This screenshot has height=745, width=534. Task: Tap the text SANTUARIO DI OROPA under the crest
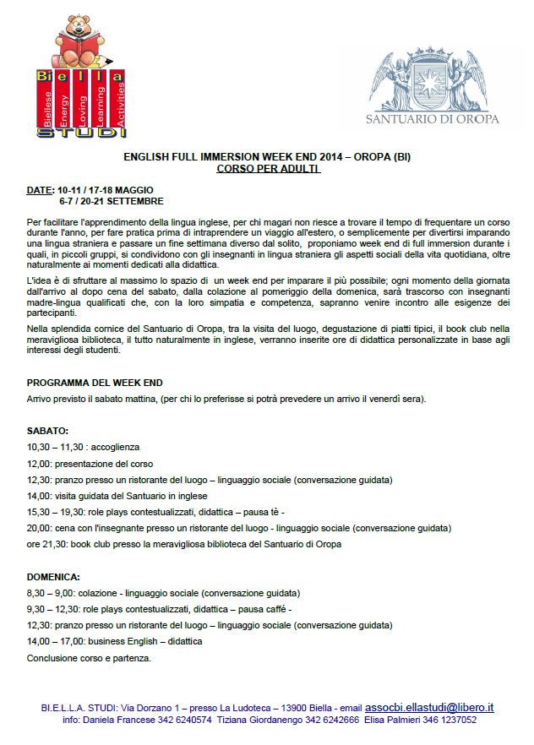coord(433,119)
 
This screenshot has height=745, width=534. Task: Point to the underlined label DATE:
coord(40,191)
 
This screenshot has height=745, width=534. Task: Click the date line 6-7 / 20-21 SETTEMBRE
coord(111,202)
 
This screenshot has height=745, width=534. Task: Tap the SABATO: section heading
coord(47,430)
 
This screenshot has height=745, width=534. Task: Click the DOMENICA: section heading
coord(53,577)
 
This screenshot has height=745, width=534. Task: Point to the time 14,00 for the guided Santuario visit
coord(40,496)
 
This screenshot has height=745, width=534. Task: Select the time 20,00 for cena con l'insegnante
coord(40,528)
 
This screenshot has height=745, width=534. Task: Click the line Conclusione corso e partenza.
coord(89,658)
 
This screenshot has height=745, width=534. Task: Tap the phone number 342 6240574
coord(186,721)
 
